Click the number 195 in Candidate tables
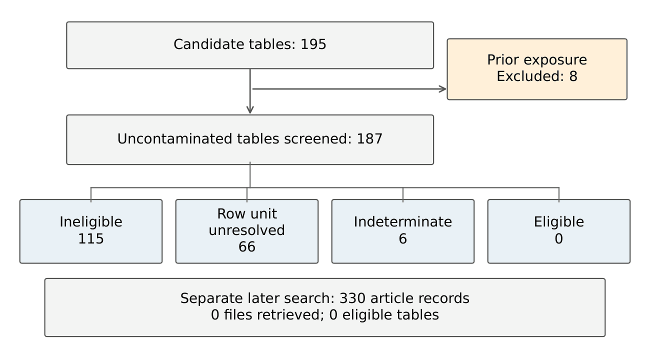coord(313,44)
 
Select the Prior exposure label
coord(537,60)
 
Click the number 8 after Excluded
coord(573,76)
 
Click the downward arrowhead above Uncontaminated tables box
coord(250,110)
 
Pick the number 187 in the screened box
coord(369,139)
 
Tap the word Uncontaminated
coord(175,139)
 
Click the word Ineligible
coord(91,222)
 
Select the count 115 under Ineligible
coord(91,239)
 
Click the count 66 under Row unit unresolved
coord(247,247)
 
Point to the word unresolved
coord(247,230)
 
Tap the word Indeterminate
coord(403,222)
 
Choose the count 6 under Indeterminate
coord(403,239)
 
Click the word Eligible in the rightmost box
coord(559,222)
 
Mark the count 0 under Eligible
coord(559,239)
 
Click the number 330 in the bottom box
coord(352,298)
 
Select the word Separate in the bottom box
coord(211,299)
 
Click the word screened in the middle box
coord(317,139)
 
